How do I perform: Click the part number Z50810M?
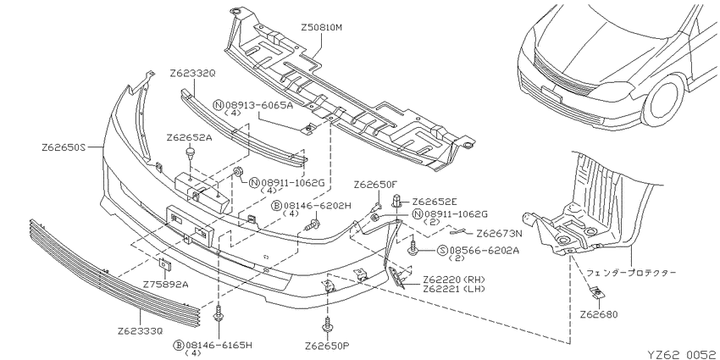(322, 28)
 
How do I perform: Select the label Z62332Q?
(192, 74)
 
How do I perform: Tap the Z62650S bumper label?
(64, 147)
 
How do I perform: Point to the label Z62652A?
(189, 137)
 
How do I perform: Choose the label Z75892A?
(166, 285)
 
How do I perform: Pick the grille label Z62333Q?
(140, 330)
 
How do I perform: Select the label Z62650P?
(327, 346)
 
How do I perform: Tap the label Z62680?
(598, 314)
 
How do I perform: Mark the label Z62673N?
(499, 234)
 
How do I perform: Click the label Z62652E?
(435, 202)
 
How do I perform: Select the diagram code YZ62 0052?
(681, 354)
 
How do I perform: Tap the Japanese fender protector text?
(631, 272)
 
